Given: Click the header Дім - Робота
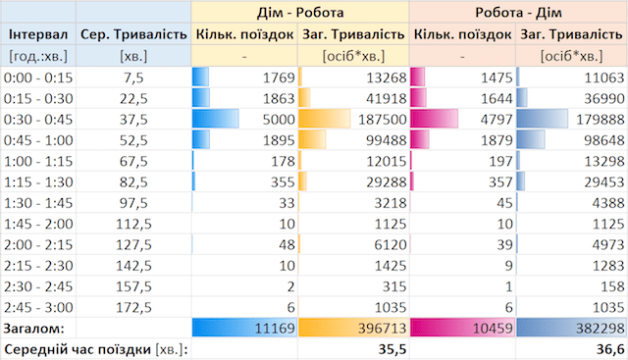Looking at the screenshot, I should pos(300,12).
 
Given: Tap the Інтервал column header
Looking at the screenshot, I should pos(36,34).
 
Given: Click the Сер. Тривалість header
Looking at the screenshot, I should pos(132,34).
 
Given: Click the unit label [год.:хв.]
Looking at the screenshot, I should pos(36,56).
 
